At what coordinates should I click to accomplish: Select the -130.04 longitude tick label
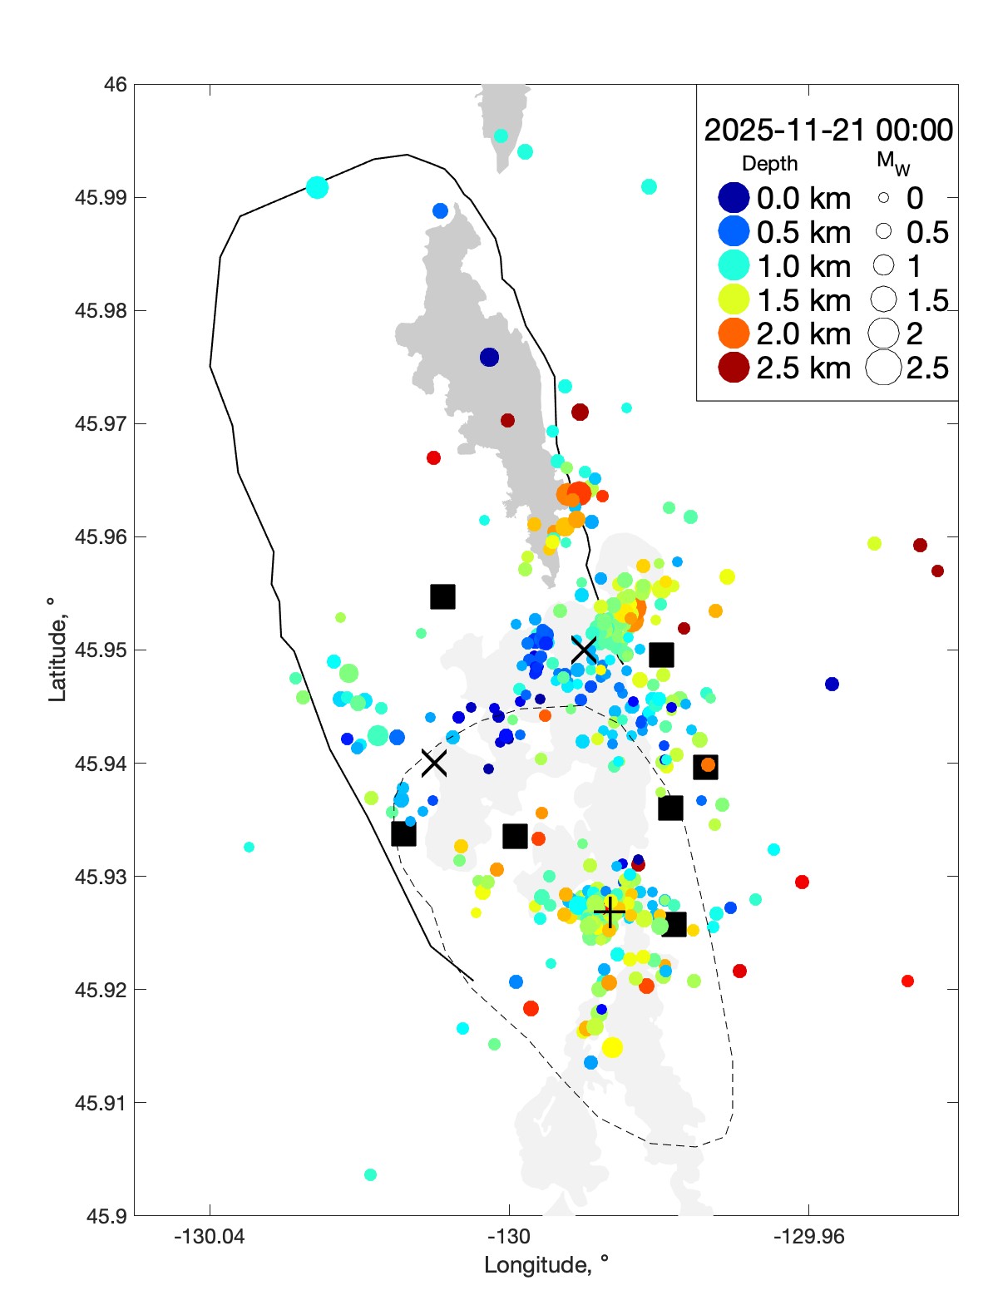tap(209, 1237)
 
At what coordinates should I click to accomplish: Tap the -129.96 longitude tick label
tap(808, 1237)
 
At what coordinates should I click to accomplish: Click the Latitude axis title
tap(57, 650)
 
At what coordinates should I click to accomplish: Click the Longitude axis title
tap(546, 1265)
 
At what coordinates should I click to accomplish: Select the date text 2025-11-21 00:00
tap(828, 131)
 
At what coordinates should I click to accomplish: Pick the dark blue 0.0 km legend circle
tap(734, 198)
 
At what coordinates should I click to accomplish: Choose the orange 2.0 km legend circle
tap(734, 334)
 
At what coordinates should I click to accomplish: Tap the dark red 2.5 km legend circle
tap(734, 368)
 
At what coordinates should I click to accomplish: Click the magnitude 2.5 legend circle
tap(883, 368)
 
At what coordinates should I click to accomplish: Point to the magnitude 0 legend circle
tap(883, 198)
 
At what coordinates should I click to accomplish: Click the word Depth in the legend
tap(769, 164)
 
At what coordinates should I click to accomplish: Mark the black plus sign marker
tap(610, 912)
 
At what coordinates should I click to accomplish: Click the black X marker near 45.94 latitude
tap(433, 762)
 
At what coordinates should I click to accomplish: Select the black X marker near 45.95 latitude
tap(584, 650)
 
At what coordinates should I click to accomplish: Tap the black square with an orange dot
tap(706, 766)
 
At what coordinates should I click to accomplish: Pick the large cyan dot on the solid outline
tap(317, 187)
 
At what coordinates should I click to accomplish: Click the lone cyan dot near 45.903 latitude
tap(370, 1174)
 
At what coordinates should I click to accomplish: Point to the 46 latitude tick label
tap(116, 85)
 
